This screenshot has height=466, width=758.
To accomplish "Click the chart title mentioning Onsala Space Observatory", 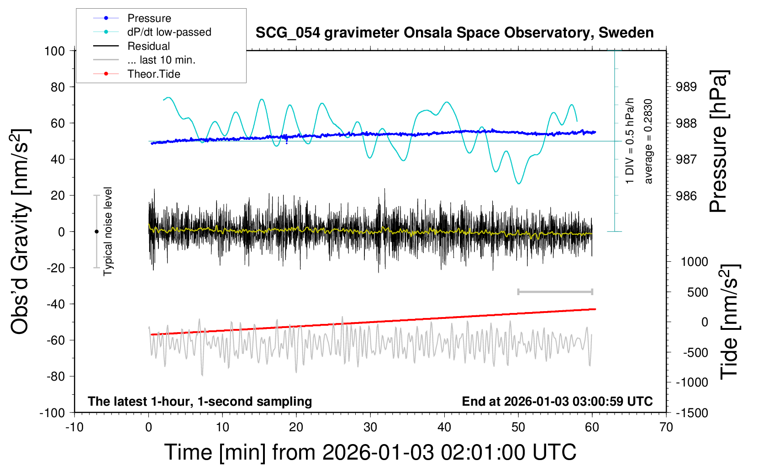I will pyautogui.click(x=454, y=33).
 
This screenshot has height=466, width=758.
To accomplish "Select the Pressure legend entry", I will pyautogui.click(x=149, y=18).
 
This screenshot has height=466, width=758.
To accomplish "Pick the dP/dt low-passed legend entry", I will pyautogui.click(x=169, y=32).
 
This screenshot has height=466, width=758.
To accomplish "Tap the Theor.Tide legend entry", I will pyautogui.click(x=153, y=74).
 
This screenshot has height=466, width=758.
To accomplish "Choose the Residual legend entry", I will pyautogui.click(x=148, y=46).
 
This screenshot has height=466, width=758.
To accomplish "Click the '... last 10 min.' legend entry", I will pyautogui.click(x=161, y=60).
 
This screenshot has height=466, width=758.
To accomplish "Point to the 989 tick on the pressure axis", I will pyautogui.click(x=686, y=87).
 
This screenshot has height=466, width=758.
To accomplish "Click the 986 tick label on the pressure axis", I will pyautogui.click(x=686, y=196).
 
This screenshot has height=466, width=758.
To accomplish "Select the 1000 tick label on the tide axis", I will pyautogui.click(x=694, y=262).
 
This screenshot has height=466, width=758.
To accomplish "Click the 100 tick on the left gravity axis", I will pyautogui.click(x=55, y=51).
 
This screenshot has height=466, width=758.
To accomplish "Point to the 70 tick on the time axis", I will pyautogui.click(x=666, y=427).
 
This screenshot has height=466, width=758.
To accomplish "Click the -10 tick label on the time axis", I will pyautogui.click(x=74, y=427).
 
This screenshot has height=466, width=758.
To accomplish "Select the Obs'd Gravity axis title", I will pyautogui.click(x=21, y=232).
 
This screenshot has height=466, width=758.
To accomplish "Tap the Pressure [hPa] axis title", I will pyautogui.click(x=719, y=142).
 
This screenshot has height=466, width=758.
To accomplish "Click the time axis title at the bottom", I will pyautogui.click(x=370, y=452).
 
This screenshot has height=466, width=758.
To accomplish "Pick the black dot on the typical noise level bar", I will pyautogui.click(x=96, y=232).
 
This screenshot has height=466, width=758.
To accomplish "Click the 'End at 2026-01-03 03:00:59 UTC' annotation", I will pyautogui.click(x=557, y=402).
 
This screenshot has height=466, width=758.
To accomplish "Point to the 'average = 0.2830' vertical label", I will pyautogui.click(x=648, y=142).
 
